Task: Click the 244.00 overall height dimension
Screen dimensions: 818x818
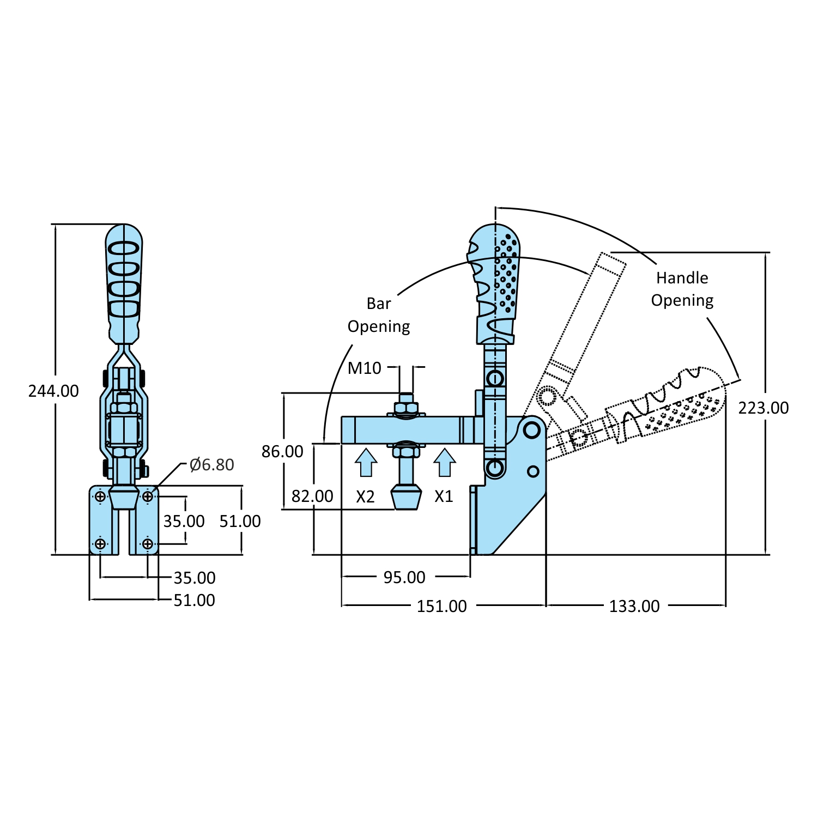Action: click(x=53, y=391)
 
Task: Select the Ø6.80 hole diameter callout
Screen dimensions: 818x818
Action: click(x=211, y=465)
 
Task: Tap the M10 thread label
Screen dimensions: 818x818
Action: click(x=364, y=368)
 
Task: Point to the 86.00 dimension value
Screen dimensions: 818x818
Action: click(x=282, y=451)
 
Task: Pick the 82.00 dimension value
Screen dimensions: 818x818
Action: click(x=312, y=496)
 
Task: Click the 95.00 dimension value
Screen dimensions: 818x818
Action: click(x=404, y=577)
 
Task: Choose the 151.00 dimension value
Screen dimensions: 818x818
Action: click(x=441, y=606)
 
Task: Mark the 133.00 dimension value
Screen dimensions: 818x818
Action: click(x=634, y=606)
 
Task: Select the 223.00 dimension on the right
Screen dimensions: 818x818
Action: click(x=764, y=408)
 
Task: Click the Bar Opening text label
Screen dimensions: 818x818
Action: click(x=379, y=315)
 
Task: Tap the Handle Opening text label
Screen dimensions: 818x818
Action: click(x=682, y=289)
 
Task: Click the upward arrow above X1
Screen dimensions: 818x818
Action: click(x=445, y=462)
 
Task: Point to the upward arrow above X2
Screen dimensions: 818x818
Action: click(x=366, y=462)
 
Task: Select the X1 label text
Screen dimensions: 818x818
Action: click(x=444, y=496)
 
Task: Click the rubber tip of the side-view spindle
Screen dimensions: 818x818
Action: click(x=407, y=498)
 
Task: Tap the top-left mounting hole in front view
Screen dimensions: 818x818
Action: click(x=100, y=496)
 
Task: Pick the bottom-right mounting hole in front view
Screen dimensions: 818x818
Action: click(x=148, y=544)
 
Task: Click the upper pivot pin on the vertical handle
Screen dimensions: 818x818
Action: click(x=495, y=378)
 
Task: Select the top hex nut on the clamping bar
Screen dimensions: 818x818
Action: click(x=406, y=408)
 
